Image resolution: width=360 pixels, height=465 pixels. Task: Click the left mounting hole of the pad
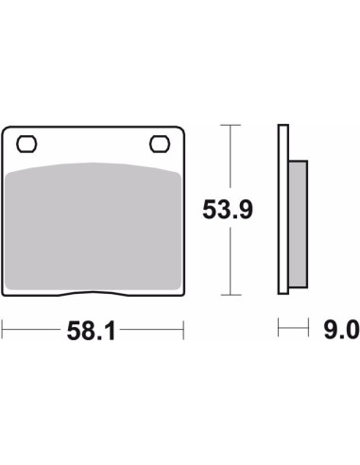coord(26,145)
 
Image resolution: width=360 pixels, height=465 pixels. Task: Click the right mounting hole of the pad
coord(160,145)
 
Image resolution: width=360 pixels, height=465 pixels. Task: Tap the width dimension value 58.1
coord(91,331)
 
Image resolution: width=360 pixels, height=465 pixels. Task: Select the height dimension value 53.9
coord(228,210)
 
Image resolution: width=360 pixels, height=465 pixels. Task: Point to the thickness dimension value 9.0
coord(342,330)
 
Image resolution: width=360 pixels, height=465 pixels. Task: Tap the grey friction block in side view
coord(298,224)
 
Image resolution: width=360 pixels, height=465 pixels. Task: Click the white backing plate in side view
coord(283,210)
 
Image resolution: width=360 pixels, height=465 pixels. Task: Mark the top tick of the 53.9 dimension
coord(231,125)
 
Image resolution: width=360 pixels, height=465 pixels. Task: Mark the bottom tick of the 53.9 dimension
coord(231,295)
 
